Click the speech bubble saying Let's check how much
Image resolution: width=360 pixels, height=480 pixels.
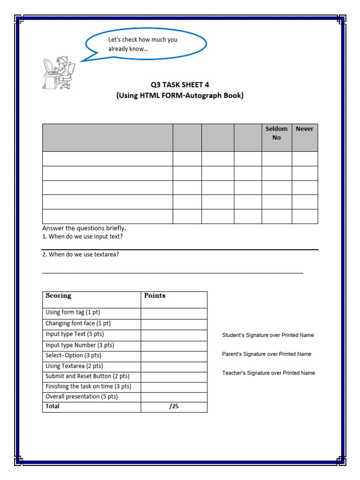click(x=145, y=44)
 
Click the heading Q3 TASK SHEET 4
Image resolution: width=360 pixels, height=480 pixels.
click(x=180, y=85)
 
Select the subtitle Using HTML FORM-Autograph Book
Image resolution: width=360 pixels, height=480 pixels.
click(x=180, y=96)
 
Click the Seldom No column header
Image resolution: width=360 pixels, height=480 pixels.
click(x=277, y=133)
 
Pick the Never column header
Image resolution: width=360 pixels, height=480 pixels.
click(x=304, y=129)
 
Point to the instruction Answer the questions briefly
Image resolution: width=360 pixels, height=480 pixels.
click(x=84, y=228)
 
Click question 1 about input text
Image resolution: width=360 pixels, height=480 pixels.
click(x=82, y=237)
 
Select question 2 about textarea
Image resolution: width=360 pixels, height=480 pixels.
click(x=81, y=255)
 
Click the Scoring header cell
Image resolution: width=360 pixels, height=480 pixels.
click(x=59, y=296)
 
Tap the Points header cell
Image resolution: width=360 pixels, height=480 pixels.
click(x=155, y=296)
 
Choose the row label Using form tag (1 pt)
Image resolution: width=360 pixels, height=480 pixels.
click(x=73, y=313)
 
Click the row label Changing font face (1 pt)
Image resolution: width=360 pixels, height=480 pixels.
click(x=78, y=323)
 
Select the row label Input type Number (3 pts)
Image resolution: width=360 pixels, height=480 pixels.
click(x=80, y=345)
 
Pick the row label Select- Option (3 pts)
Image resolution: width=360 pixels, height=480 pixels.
click(x=74, y=356)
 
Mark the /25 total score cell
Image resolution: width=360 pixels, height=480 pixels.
click(x=174, y=407)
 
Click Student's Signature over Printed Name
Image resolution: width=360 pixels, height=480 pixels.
click(x=268, y=335)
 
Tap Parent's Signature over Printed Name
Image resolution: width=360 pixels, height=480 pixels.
click(x=266, y=354)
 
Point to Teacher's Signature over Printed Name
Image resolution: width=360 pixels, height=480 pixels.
click(x=268, y=373)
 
